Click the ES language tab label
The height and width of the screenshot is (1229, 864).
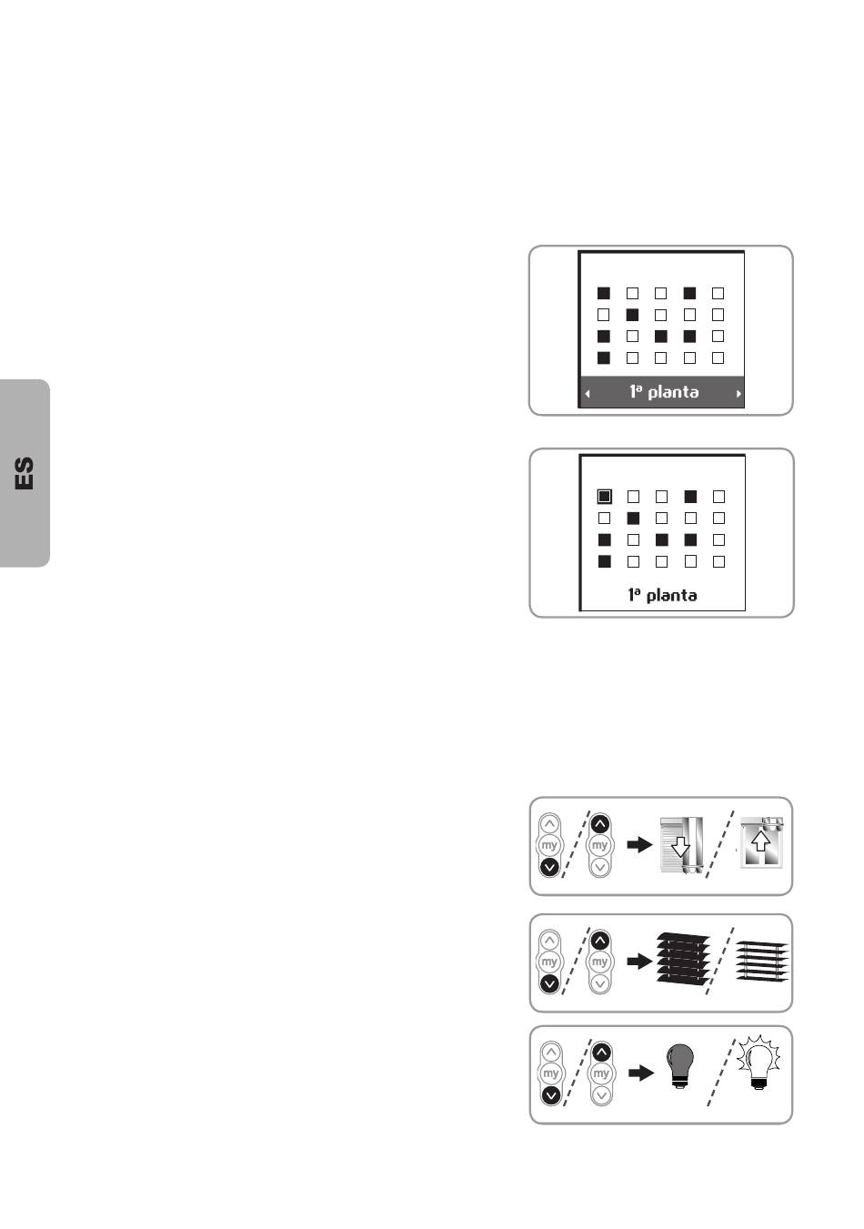(x=25, y=473)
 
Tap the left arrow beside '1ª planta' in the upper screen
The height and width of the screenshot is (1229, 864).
(x=588, y=393)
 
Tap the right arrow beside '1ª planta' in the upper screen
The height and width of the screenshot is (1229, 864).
(x=738, y=393)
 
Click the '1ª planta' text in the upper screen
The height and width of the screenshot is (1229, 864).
(x=664, y=392)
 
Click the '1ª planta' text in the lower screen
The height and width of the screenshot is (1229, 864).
(x=663, y=595)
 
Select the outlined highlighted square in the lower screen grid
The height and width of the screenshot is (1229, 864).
(x=604, y=497)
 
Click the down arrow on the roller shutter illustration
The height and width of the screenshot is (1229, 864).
(x=680, y=847)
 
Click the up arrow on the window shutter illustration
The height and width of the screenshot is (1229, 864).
(x=760, y=840)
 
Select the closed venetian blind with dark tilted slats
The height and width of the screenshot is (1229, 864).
(x=683, y=961)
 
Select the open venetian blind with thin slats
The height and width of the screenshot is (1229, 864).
(x=762, y=961)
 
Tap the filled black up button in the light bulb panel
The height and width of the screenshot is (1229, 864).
(x=602, y=1052)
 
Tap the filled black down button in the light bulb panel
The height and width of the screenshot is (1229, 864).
(x=551, y=1095)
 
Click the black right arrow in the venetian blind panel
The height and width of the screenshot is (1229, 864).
(x=639, y=961)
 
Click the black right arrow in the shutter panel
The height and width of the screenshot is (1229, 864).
(x=639, y=844)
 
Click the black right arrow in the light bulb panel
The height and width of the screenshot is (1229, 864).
(x=641, y=1073)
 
